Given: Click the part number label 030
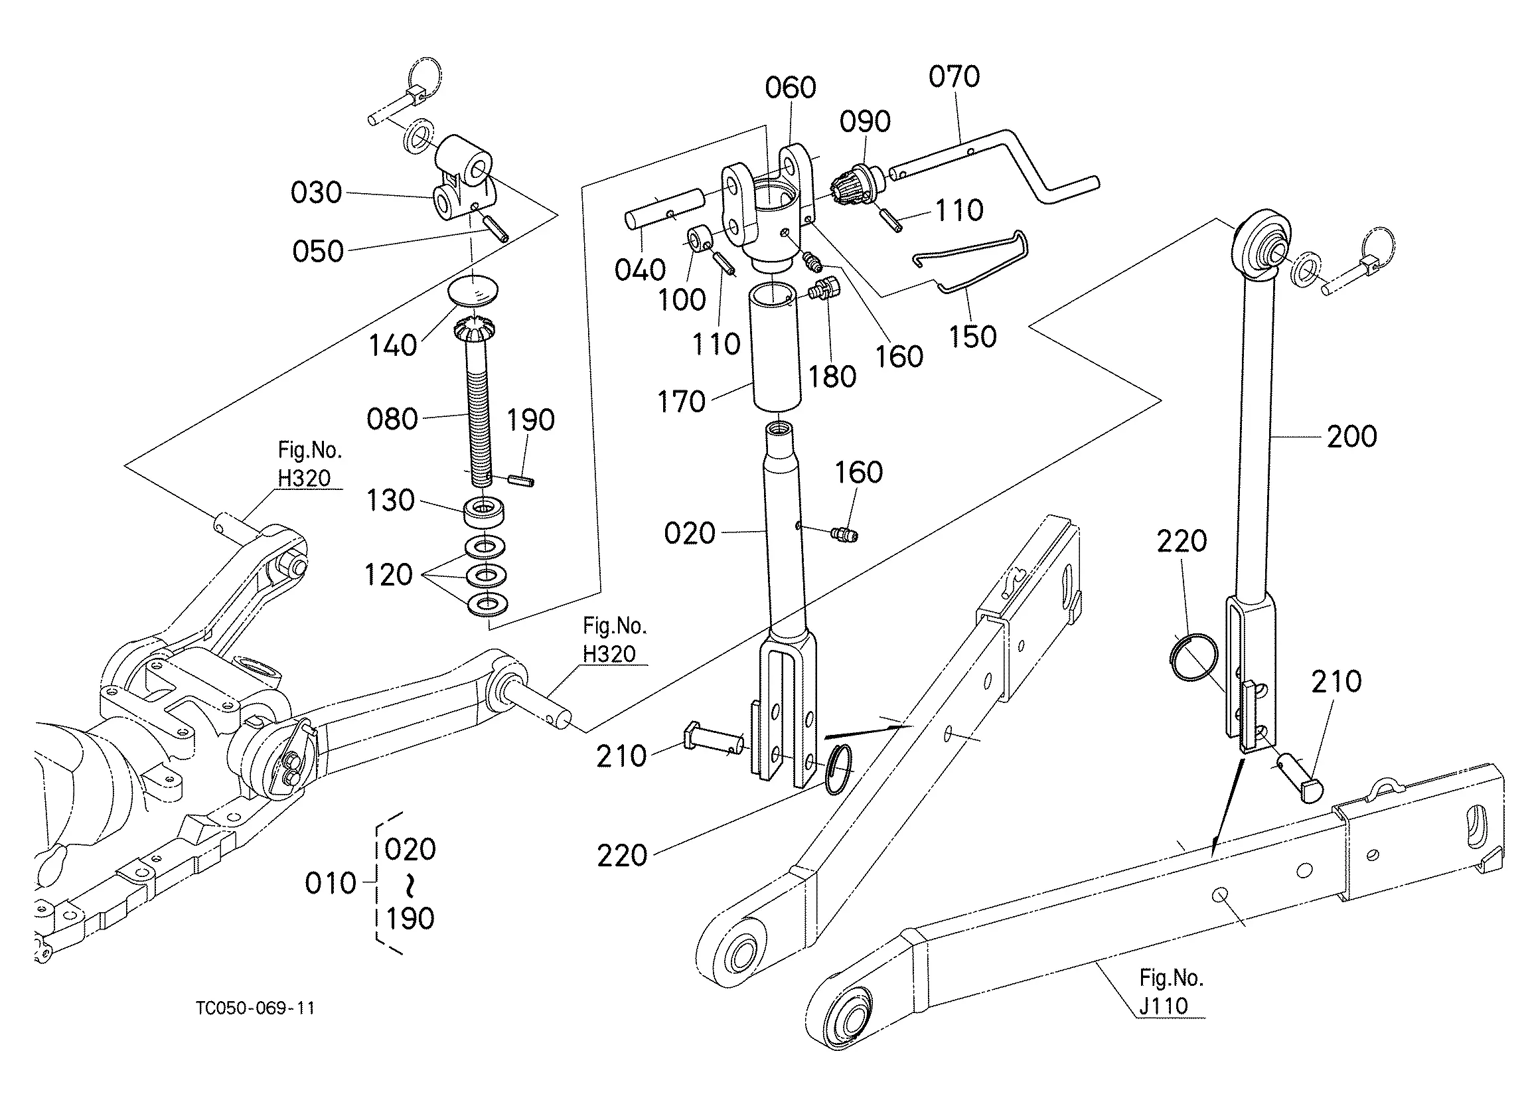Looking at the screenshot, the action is click(316, 193).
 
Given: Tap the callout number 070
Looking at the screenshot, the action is click(954, 77).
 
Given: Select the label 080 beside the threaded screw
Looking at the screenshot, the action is click(392, 419).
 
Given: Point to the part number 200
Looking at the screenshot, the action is click(1351, 436).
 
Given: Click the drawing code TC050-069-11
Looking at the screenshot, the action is click(256, 1008).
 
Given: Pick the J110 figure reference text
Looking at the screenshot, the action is click(1164, 1006).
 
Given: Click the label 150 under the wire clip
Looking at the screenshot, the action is click(972, 337).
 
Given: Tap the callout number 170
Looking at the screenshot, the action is click(681, 402).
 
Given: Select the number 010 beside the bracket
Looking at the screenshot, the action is click(331, 883).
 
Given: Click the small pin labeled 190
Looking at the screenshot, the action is click(522, 480).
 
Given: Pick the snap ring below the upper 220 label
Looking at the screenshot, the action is click(1193, 657).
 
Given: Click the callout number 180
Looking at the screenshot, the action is click(832, 377).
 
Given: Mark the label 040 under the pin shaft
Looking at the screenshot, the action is click(640, 270).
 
